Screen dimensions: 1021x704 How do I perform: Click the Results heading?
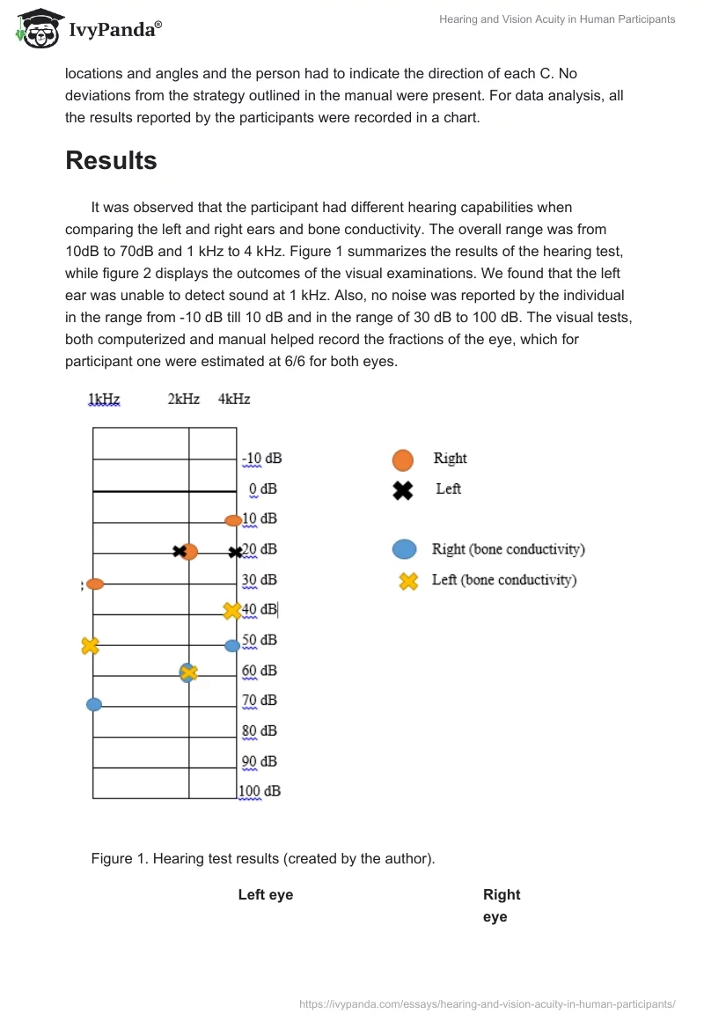[111, 160]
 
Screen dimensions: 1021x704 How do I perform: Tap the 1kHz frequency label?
[104, 399]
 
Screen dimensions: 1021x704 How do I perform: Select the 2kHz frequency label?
[183, 399]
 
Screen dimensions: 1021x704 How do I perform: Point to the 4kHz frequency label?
[234, 399]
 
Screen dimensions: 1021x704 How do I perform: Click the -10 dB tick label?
[262, 459]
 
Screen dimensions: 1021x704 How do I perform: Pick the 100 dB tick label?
[260, 790]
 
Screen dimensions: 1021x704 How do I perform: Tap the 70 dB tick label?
[260, 700]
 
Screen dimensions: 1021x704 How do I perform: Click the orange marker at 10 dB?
[233, 520]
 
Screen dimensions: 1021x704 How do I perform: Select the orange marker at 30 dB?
[95, 584]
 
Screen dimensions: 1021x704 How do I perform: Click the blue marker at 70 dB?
[94, 704]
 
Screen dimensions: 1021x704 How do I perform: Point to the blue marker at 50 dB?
[232, 645]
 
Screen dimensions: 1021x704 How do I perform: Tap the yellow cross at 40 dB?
[231, 610]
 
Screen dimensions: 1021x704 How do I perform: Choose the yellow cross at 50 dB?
[90, 645]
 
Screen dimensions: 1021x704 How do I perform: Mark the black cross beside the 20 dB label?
[235, 552]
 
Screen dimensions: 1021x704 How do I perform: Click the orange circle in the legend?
[402, 459]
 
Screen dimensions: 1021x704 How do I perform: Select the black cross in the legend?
[402, 490]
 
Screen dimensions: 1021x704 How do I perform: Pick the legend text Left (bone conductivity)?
[503, 580]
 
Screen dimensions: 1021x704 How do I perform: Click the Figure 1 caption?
[262, 858]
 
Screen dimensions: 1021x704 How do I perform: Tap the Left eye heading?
[265, 894]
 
